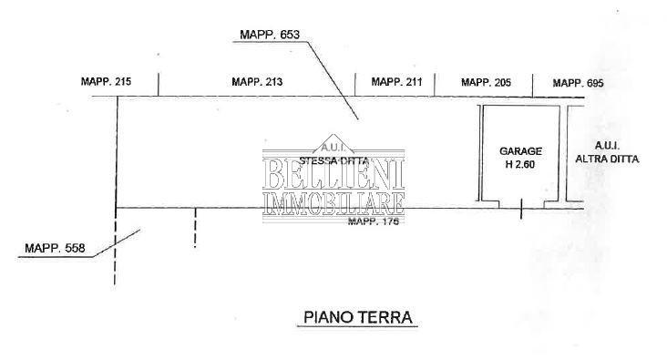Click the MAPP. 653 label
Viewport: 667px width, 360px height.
coord(270,35)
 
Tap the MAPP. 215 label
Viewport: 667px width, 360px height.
coord(106,83)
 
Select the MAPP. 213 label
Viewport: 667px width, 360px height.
coord(257,83)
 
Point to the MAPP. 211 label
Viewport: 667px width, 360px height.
coord(396,83)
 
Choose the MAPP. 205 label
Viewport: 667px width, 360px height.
coord(486,83)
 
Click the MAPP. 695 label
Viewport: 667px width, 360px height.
coord(578,83)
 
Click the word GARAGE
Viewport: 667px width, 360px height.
coord(520,150)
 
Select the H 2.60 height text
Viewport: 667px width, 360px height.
coord(520,164)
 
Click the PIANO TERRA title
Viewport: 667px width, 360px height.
coord(356,318)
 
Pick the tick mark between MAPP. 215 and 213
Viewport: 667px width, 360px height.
coord(159,84)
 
